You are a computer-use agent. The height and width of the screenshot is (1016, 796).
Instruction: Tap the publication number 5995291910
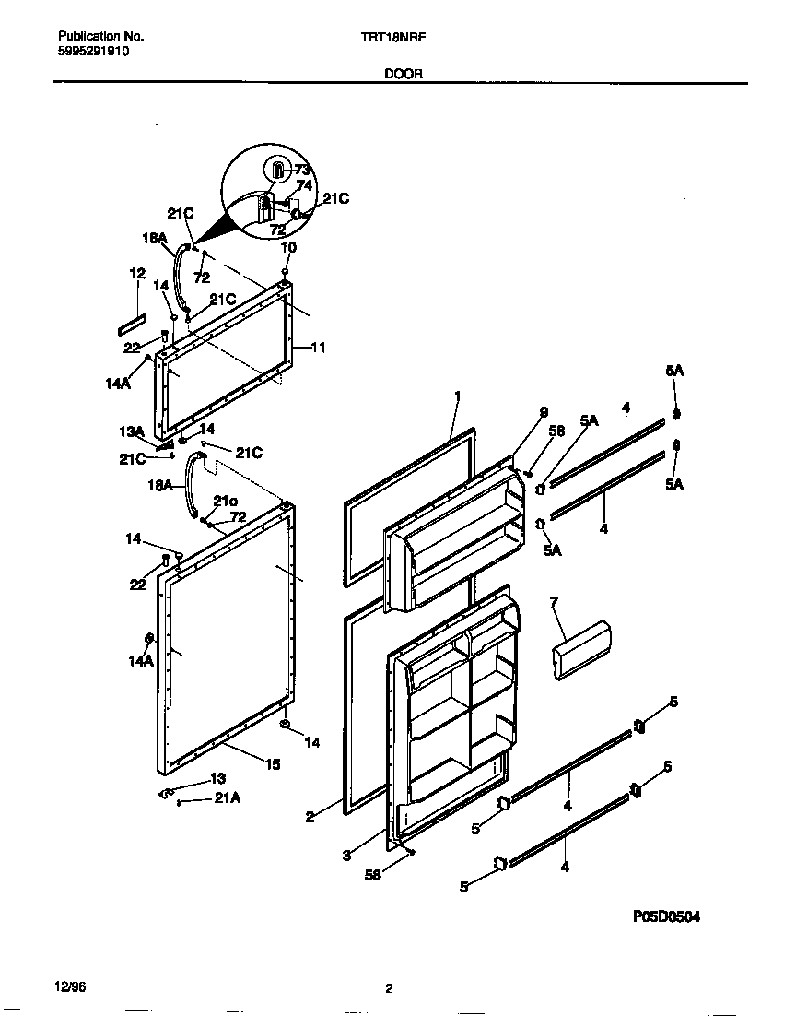click(x=93, y=53)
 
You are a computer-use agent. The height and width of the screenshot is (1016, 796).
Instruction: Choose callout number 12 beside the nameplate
click(x=137, y=274)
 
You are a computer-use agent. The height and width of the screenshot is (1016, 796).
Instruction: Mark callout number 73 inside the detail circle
click(x=302, y=170)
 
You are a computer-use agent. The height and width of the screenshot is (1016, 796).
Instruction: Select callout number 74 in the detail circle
click(x=304, y=185)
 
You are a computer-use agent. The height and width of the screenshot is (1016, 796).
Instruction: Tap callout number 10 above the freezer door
click(x=288, y=248)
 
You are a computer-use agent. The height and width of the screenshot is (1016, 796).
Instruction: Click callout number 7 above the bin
click(x=554, y=602)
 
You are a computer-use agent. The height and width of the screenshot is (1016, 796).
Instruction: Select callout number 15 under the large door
click(x=274, y=764)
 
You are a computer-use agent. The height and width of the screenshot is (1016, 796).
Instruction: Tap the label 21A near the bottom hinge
click(x=227, y=799)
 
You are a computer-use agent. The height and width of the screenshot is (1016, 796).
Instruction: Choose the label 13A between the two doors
click(x=132, y=431)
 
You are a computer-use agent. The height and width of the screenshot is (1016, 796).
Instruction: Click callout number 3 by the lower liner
click(x=345, y=856)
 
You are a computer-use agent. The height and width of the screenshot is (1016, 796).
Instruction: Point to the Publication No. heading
click(x=100, y=38)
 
